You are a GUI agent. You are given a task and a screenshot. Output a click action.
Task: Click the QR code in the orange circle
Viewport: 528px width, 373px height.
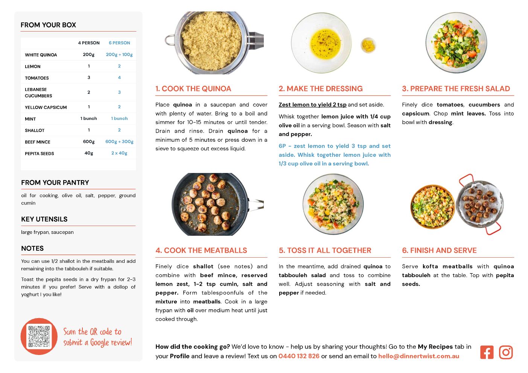click(39, 336)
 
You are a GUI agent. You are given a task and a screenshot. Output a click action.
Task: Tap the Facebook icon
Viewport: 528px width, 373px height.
click(487, 352)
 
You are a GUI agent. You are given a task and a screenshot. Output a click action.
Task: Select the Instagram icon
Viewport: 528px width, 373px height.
click(506, 352)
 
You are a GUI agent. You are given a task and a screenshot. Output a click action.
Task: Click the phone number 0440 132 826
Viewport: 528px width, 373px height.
click(299, 356)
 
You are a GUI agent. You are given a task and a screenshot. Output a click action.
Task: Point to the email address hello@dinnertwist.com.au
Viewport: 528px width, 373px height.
click(418, 356)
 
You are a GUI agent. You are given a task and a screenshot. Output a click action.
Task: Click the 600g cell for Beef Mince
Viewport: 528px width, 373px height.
click(89, 142)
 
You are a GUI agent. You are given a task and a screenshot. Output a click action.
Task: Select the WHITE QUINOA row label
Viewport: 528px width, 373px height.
click(41, 55)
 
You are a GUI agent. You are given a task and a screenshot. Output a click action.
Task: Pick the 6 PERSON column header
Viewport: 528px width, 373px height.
click(119, 43)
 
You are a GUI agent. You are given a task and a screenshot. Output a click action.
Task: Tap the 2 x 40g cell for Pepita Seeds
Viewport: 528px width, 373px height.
click(119, 153)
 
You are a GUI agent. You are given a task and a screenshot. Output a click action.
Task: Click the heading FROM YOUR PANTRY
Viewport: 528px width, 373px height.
click(55, 183)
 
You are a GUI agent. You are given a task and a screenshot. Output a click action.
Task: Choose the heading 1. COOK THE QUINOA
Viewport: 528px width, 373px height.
click(193, 89)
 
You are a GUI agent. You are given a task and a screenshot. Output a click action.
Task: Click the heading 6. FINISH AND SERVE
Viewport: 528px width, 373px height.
click(439, 250)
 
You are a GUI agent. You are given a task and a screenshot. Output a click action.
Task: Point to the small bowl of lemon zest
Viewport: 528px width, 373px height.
click(368, 45)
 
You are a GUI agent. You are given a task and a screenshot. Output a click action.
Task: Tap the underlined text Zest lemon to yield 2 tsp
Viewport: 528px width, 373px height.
click(312, 105)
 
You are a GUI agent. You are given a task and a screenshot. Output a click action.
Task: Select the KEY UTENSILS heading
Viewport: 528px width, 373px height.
click(44, 219)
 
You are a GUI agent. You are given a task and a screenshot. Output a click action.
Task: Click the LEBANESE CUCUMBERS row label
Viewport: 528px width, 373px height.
click(38, 92)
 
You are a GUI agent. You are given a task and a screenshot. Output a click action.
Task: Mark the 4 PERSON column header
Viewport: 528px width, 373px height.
click(89, 43)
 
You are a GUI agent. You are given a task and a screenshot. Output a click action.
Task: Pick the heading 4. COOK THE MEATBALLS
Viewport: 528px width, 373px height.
click(201, 250)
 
